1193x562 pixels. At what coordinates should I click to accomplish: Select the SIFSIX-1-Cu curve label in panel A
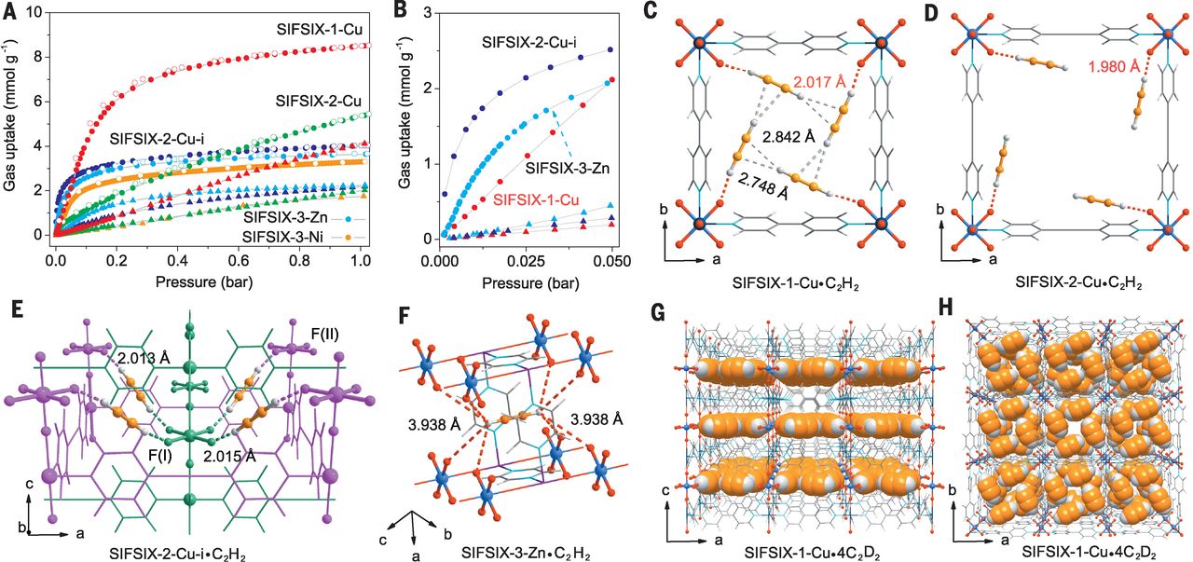pos(319,29)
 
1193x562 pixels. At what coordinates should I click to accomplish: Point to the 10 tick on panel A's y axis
pos(38,12)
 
